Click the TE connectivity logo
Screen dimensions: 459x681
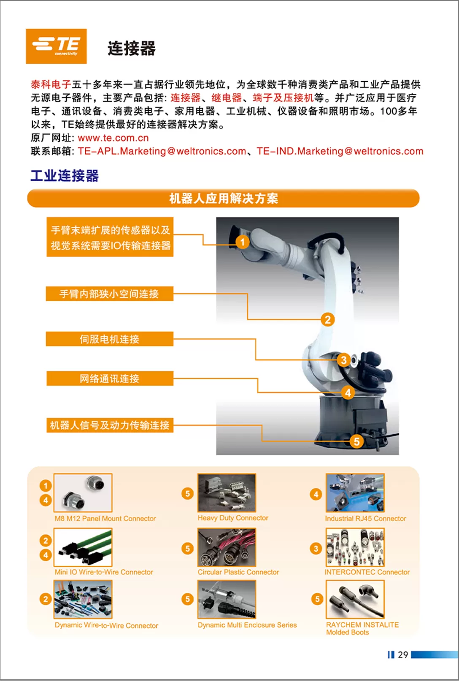pos(56,46)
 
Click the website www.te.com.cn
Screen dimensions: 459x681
pos(113,138)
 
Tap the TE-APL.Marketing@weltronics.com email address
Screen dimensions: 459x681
pos(162,151)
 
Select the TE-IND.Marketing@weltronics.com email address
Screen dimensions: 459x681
pos(340,151)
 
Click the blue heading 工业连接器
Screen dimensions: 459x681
pos(65,176)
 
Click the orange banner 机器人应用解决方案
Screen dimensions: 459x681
pos(224,198)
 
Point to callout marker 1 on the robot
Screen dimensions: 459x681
pos(243,242)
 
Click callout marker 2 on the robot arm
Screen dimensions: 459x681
pos(328,319)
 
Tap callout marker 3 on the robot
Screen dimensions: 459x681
pos(344,360)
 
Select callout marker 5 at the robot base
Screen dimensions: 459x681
pos(357,441)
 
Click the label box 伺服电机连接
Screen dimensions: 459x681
pos(110,339)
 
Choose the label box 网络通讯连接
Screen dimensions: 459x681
pos(110,379)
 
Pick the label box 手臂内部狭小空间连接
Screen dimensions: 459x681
pos(110,294)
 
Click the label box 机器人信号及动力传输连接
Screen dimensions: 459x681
pos(110,425)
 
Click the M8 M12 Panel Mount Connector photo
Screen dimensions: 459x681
pos(83,493)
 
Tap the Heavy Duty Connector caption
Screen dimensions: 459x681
pos(233,518)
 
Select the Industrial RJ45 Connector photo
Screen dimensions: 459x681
pos(355,493)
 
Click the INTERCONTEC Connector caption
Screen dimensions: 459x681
pos(367,572)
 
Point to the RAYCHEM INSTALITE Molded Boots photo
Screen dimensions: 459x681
pos(355,599)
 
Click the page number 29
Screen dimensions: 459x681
pos(403,654)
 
